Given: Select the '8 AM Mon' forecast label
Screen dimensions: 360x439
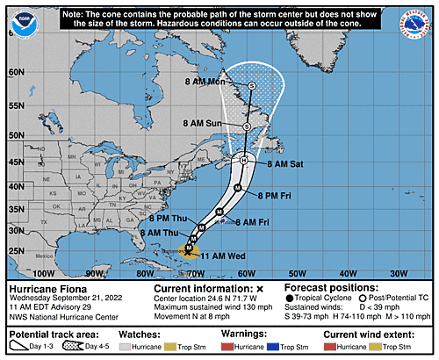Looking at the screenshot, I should pyautogui.click(x=211, y=82).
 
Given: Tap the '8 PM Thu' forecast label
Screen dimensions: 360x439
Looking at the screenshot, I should pyautogui.click(x=169, y=217).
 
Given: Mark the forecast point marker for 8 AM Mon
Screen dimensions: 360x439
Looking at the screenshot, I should pyautogui.click(x=252, y=85).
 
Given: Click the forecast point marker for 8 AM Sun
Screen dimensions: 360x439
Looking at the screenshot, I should pyautogui.click(x=247, y=126).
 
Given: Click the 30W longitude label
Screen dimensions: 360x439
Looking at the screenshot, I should pyautogui.click(x=400, y=273).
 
